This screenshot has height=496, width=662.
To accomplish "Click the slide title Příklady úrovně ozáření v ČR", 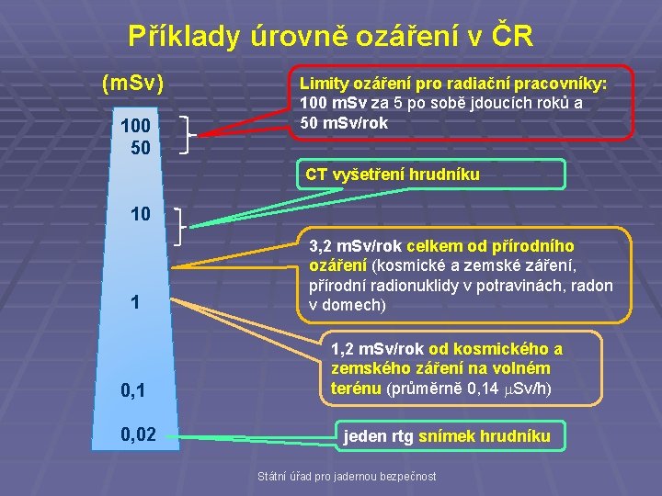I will pos(330,36).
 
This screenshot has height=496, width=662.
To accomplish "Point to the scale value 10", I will pos(141,215).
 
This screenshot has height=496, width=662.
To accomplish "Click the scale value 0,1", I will pos(134,392).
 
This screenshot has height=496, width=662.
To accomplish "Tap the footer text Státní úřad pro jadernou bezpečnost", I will pos(348,475).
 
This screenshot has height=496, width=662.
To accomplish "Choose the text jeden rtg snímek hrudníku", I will pos(447,436).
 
